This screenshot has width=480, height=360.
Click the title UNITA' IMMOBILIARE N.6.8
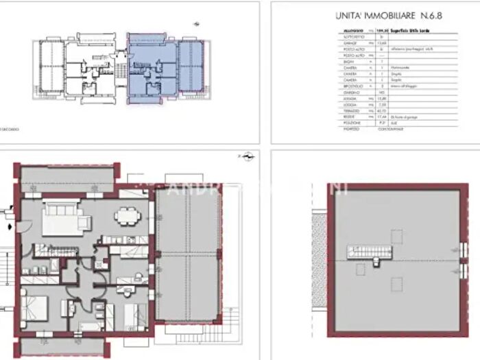(x=381, y=14)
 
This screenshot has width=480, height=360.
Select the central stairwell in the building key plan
(x=121, y=68)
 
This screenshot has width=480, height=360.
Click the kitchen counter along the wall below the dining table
(x=123, y=239)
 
